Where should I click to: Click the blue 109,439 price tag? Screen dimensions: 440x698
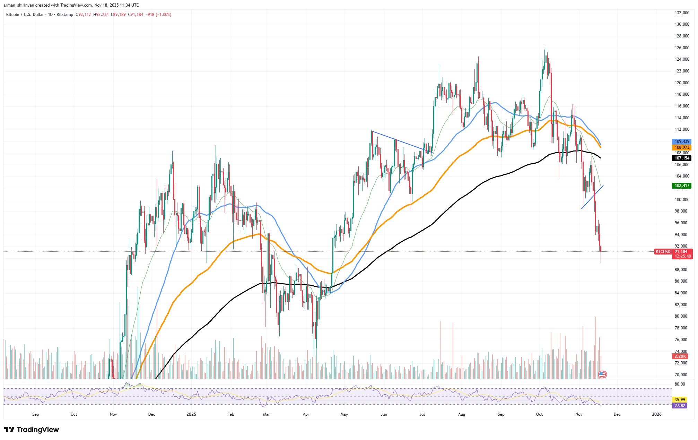coord(682,141)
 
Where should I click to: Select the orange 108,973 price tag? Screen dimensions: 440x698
coord(682,147)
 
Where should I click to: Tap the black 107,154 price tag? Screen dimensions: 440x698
coord(682,158)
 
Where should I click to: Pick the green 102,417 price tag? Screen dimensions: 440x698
coord(682,186)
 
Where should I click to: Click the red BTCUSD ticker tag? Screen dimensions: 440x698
coord(663,252)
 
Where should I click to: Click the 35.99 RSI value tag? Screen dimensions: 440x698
coord(680,399)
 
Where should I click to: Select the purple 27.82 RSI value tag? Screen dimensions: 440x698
coord(680,405)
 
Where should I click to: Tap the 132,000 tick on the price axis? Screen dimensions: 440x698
coord(682,13)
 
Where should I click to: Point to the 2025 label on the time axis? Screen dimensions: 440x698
coord(191,414)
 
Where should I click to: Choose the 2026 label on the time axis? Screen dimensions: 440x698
coord(656,414)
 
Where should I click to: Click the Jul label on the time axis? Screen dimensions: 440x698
coord(422,414)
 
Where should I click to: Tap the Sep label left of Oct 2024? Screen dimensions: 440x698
coord(35,414)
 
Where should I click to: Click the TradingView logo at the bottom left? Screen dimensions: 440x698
coord(32,430)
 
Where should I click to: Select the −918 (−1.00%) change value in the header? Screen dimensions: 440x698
coord(158,15)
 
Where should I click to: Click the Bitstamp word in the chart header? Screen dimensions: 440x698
coord(65,15)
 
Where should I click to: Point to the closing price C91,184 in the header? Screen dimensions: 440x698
coord(136,15)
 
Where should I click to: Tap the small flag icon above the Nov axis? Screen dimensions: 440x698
coord(602,374)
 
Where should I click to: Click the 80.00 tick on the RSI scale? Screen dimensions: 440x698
coord(680,384)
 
